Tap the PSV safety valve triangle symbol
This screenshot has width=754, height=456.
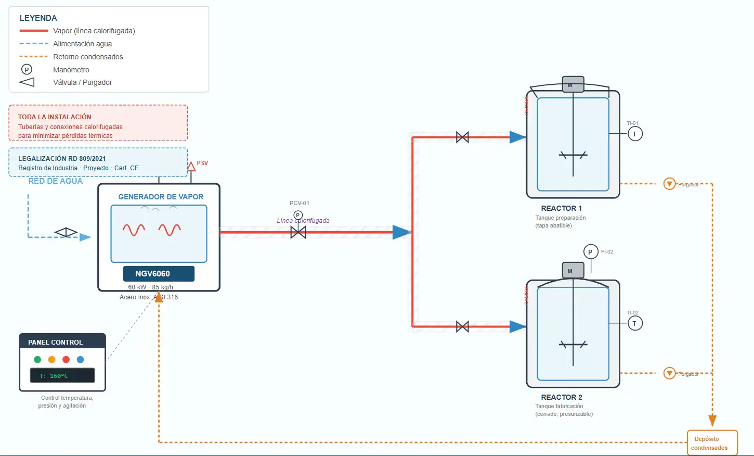coord(191,167)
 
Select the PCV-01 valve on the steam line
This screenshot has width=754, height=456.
coord(298,232)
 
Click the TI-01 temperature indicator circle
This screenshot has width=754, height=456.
coord(634,134)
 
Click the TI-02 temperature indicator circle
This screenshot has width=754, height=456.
coord(634,323)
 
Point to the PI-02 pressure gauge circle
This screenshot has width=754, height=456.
coord(590,252)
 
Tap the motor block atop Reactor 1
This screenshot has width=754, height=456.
coord(573,84)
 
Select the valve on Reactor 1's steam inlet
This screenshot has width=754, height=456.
coord(462,137)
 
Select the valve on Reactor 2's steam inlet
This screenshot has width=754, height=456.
coord(462,327)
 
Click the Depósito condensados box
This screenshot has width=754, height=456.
coord(712,443)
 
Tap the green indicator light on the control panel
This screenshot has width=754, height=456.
coord(37,359)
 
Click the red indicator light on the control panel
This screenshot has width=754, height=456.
coord(66,359)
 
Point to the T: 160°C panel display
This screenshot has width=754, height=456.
coord(62,375)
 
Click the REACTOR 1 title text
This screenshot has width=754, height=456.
coord(561,208)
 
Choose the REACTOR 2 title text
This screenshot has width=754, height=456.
coord(561,397)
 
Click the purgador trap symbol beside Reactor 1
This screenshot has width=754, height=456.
coord(669,184)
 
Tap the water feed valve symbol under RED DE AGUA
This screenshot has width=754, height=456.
coord(66,232)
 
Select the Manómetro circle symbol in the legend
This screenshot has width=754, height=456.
coord(27,69)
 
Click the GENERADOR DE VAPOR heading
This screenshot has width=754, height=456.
coord(161,197)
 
